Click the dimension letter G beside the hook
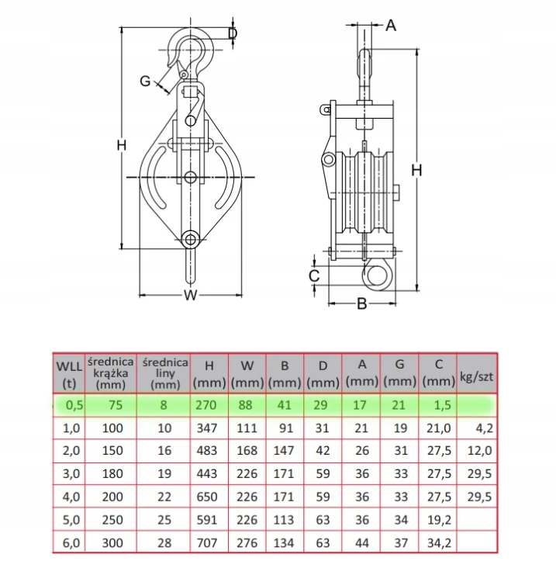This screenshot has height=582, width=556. pos(146,81)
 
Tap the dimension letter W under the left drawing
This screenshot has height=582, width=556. pos(191,296)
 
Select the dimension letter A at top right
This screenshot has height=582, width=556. pos(391,26)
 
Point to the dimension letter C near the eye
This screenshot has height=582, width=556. pos(314,275)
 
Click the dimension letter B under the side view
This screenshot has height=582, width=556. pos(361,303)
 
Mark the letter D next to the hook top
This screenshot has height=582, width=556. pos(233,34)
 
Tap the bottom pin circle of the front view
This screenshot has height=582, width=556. pos(191,240)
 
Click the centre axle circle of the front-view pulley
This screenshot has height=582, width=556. pos(191,177)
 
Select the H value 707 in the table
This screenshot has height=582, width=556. pos(206,543)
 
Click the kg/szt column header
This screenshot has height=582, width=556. pos(477,376)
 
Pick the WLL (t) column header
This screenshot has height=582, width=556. pos(69,374)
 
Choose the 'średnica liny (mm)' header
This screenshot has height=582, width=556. pos(164,373)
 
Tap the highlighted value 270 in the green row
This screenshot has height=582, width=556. pos(206,405)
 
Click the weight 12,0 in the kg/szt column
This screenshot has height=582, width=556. pos(479,451)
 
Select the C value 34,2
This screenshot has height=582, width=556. pos(439,543)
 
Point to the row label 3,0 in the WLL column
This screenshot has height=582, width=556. pos(71,473)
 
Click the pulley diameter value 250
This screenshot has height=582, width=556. pos(112,520)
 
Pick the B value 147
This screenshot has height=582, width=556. pos(284,451)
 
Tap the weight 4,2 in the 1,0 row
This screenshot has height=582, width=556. pos(485,428)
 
